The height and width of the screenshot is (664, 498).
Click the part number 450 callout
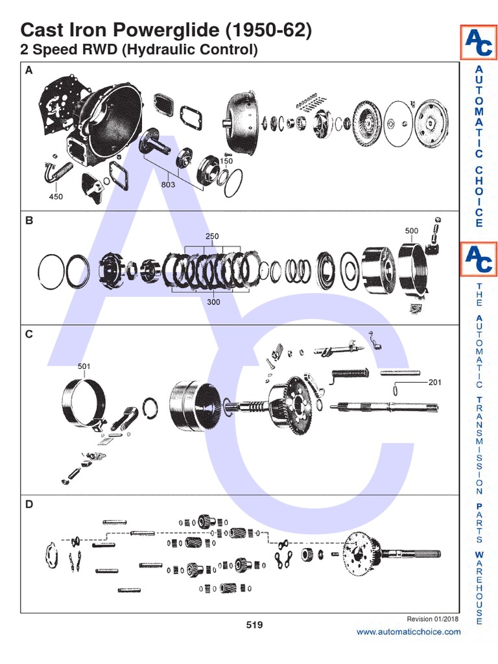(x=56, y=196)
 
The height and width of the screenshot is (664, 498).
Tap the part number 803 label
(x=169, y=184)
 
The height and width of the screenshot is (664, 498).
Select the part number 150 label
(x=226, y=161)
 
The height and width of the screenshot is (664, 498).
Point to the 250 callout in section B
(x=212, y=237)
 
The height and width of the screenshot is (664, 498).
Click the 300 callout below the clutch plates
(x=213, y=302)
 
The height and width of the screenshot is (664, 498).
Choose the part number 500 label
(x=411, y=231)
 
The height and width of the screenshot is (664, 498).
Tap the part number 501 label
(x=84, y=366)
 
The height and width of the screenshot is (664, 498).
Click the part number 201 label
(x=434, y=383)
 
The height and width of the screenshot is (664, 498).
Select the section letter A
(x=28, y=72)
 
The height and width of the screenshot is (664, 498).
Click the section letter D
(x=29, y=504)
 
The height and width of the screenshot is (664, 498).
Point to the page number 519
(x=254, y=625)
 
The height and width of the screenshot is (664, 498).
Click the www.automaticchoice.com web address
(x=409, y=632)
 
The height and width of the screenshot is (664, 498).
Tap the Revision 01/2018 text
(x=433, y=619)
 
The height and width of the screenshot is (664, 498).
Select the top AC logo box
(x=479, y=42)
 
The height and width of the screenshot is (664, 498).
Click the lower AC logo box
(x=479, y=259)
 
